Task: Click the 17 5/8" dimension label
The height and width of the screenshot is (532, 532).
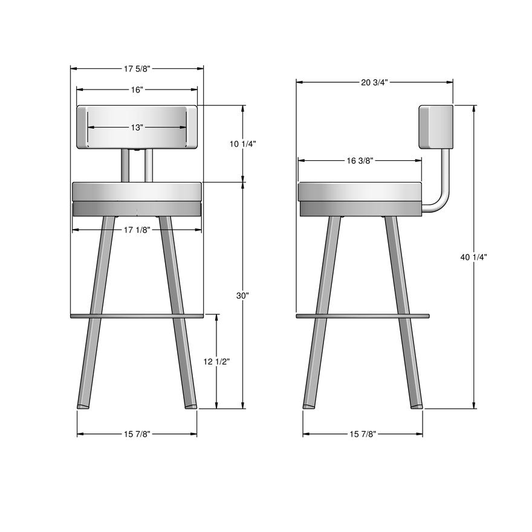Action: click(137, 69)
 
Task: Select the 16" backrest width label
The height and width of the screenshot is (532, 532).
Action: click(137, 90)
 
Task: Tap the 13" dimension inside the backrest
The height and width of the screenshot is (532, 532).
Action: click(137, 128)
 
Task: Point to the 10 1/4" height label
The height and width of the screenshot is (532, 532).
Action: click(244, 144)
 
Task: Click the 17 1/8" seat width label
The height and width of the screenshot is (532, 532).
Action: click(137, 230)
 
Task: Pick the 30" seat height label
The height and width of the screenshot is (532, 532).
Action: click(243, 296)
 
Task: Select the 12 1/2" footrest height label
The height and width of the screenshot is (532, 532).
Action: click(216, 362)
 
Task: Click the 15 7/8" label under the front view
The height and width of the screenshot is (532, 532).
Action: click(137, 434)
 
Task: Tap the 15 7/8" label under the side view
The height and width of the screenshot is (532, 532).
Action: click(362, 434)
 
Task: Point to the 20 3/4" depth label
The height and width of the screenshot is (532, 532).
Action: click(374, 82)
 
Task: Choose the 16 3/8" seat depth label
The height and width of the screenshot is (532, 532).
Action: click(360, 161)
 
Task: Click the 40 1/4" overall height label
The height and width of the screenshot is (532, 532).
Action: click(473, 257)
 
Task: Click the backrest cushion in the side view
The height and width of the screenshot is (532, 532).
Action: click(436, 126)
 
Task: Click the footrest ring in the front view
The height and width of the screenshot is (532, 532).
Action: click(137, 316)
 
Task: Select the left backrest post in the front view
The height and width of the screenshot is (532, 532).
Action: click(125, 165)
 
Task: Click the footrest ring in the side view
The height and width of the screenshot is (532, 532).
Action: click(362, 316)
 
